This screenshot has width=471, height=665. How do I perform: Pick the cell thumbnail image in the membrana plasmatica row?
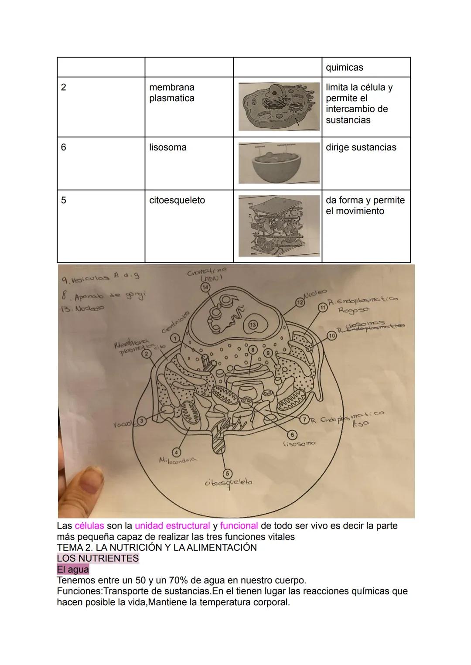pos(279,106)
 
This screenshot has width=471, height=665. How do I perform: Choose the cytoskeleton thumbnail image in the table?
pos(279,226)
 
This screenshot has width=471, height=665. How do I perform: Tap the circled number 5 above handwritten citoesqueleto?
pos(227,474)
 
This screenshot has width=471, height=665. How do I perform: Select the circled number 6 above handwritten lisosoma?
pos(293,435)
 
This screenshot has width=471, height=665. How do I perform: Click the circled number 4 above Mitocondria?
pos(177,451)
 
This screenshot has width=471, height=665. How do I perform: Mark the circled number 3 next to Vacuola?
pos(141,421)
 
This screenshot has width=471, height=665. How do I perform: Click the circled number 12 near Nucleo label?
pos(300,302)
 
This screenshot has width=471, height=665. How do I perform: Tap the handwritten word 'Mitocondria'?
pos(178,460)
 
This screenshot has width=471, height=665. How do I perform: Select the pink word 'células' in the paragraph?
pos(89,525)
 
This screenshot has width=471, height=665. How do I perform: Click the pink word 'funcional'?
pos(239,525)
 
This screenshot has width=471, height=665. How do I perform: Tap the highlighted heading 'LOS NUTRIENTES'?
pos(98,558)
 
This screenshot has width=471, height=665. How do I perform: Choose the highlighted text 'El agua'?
pos(73,570)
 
